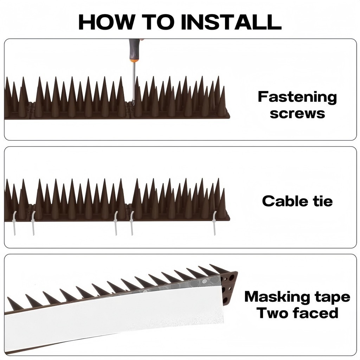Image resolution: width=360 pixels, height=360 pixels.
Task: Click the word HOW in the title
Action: (x=105, y=22)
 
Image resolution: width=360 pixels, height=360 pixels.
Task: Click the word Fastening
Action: (x=297, y=97)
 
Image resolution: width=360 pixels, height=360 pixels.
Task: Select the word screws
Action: (x=297, y=114)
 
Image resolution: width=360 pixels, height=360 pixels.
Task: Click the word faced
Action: (x=316, y=313)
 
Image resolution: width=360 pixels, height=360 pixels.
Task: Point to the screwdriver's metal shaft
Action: (x=133, y=81)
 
